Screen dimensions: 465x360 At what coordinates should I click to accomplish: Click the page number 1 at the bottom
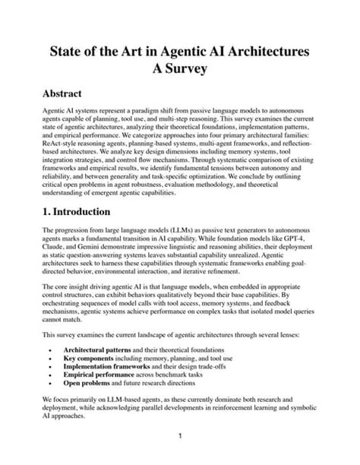point(180,437)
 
